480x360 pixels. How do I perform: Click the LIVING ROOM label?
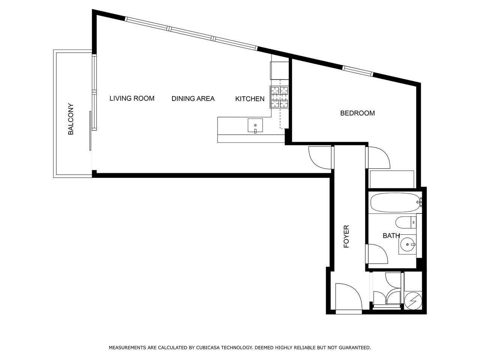coord(132,98)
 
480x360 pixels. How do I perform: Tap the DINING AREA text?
coord(193,99)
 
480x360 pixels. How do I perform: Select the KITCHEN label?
coord(250,99)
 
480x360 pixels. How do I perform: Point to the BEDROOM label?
coord(357,113)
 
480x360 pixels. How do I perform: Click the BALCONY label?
coord(70,119)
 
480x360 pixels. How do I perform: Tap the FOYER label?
coord(346,236)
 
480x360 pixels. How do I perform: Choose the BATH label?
coord(391,235)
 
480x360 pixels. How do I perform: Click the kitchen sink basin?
coord(255,126)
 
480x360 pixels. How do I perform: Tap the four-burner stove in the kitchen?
coord(279,97)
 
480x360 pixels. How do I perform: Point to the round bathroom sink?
coord(407,244)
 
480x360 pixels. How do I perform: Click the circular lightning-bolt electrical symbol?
coord(413,301)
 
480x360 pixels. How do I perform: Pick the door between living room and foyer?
coord(320,158)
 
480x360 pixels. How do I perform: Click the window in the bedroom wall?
coord(357,71)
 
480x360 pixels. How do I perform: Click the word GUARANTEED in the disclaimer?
coord(354,347)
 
